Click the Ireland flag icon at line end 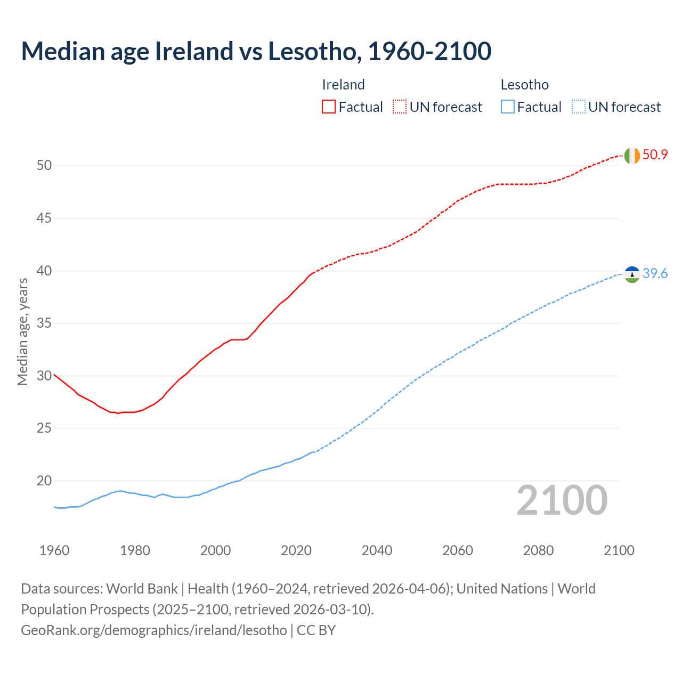coord(632,156)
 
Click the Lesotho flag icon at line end coord(632,274)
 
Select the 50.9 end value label coord(655,155)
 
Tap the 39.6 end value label coord(655,274)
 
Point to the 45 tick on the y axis coord(44,218)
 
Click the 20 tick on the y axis coord(44,481)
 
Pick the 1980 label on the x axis coord(135,550)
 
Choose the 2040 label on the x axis coord(377,550)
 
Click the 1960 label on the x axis coord(54,550)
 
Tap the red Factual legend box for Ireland coord(329,107)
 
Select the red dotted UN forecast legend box coord(400,107)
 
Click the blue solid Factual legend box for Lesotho coord(508,107)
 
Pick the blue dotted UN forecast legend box coord(578,107)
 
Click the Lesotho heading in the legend coord(524,85)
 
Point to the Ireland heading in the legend coord(343,85)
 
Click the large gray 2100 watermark coord(562,500)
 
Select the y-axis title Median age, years coord(22,331)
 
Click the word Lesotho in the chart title coord(312,51)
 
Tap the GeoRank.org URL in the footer coord(153,630)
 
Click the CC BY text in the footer coord(316,630)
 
